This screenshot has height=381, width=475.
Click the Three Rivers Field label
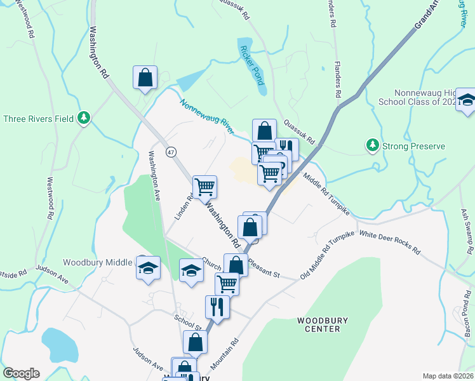(39, 118)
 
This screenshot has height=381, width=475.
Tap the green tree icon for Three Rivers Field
(83, 117)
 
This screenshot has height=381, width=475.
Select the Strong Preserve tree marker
(373, 146)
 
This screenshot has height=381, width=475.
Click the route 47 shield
(171, 152)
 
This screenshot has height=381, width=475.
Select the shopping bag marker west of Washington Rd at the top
(145, 77)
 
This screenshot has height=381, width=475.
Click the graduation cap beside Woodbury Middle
(148, 268)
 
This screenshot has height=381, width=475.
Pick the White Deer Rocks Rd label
(390, 243)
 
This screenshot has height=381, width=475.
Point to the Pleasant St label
(264, 266)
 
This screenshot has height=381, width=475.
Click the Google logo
(21, 373)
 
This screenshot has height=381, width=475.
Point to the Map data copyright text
(447, 376)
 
